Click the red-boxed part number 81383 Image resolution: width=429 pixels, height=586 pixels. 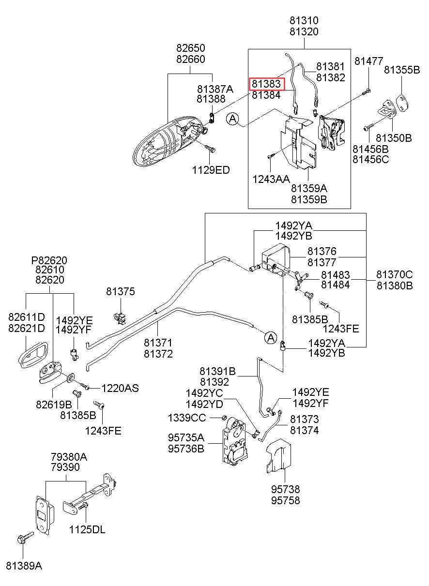(x=266, y=84)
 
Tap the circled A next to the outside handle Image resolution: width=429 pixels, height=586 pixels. (x=232, y=120)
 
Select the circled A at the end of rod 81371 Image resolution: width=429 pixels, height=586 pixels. (x=271, y=337)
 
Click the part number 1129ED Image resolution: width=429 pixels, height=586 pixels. (x=211, y=170)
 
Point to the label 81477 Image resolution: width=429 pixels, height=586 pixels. (x=369, y=61)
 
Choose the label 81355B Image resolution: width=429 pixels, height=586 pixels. (x=402, y=70)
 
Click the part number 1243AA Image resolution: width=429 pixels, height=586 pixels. (x=271, y=179)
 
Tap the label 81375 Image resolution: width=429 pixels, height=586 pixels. (x=121, y=291)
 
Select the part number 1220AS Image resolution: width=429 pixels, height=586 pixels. (x=120, y=388)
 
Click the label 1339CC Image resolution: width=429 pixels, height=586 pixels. (x=187, y=418)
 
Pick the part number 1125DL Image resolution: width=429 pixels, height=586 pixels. (x=87, y=530)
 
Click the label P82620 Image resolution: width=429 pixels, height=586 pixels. (x=49, y=260)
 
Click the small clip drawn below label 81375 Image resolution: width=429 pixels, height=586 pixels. (x=120, y=318)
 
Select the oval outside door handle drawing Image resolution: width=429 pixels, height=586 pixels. (x=169, y=141)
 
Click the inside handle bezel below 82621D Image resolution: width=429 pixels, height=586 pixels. (x=33, y=355)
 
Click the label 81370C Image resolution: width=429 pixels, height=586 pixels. (x=395, y=274)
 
